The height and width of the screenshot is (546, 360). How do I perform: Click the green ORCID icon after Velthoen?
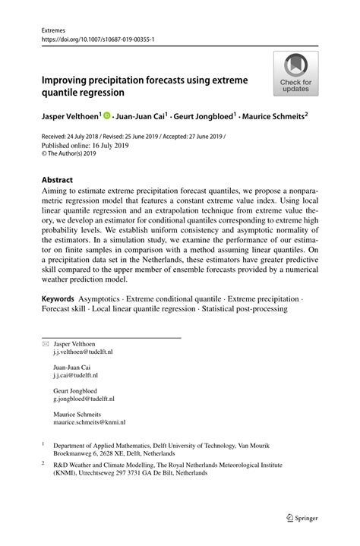click(107, 117)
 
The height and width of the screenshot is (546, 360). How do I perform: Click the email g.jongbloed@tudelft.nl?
click(84, 398)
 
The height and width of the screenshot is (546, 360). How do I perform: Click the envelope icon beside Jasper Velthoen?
click(43, 344)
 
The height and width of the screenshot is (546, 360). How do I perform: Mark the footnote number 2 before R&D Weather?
click(43, 461)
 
